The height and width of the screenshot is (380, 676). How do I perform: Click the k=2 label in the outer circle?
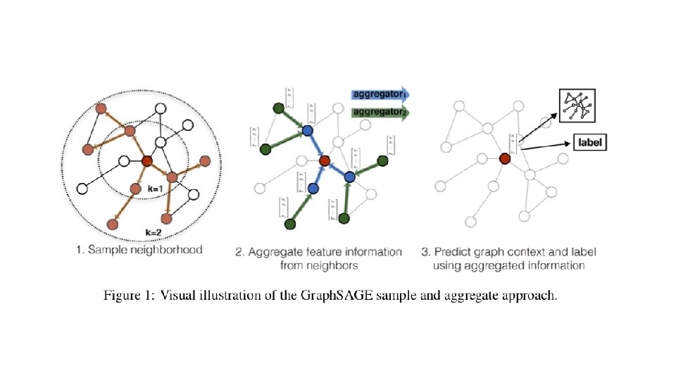click(154, 232)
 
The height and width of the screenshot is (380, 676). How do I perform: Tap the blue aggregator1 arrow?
click(380, 94)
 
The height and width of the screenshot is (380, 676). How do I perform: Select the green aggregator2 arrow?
click(380, 111)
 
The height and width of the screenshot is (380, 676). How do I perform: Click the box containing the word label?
click(591, 143)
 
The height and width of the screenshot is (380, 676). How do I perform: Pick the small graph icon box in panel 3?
click(576, 106)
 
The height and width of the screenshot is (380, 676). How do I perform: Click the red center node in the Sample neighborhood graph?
click(146, 162)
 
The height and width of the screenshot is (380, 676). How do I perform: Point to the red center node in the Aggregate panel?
click(324, 162)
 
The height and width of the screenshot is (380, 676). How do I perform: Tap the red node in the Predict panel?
click(505, 158)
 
